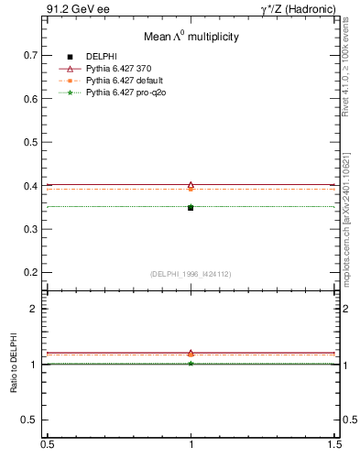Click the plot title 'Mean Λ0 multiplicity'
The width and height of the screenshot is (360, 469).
[x=191, y=37]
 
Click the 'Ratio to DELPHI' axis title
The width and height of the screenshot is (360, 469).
[x=13, y=365]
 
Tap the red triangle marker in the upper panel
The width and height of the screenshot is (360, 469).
[x=191, y=185]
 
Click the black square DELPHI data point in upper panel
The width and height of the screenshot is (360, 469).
[x=191, y=208]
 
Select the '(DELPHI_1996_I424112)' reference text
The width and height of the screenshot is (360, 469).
[x=191, y=274]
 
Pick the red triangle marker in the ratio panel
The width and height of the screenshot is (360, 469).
[x=191, y=353]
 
